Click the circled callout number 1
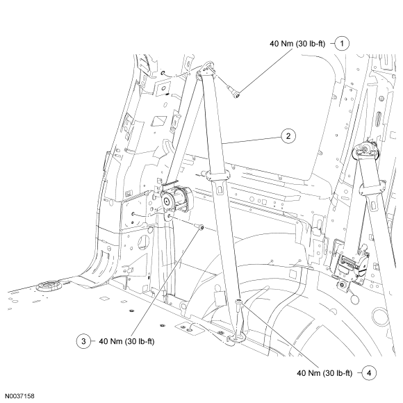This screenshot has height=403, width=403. (x=342, y=44)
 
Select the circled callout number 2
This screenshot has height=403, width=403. (x=288, y=136)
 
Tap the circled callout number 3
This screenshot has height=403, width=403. (x=83, y=341)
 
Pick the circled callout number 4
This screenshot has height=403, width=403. (x=369, y=373)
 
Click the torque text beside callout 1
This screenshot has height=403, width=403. (x=297, y=44)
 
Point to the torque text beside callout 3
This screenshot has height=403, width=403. (x=126, y=341)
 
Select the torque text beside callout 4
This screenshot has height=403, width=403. (x=324, y=373)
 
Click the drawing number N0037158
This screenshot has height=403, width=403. (x=19, y=396)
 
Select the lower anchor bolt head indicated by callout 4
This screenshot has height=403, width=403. (x=239, y=302)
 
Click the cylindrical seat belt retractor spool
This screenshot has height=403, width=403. (x=176, y=198)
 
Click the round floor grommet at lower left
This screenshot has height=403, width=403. (x=49, y=286)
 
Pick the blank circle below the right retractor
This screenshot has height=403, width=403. (x=355, y=299)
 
